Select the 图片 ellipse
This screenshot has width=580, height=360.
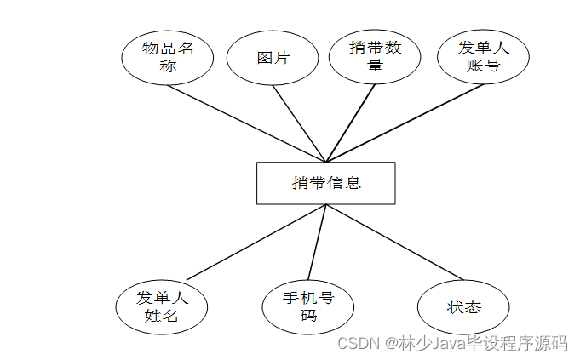[x=273, y=58]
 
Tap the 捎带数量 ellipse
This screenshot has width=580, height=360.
[x=375, y=57]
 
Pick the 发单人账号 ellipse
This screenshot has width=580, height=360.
[x=483, y=57]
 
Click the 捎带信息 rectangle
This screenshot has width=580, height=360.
[x=325, y=183]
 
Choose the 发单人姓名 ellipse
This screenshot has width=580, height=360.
[x=162, y=306]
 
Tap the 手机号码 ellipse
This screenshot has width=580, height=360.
[x=308, y=306]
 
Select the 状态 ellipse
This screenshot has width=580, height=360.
[x=464, y=307]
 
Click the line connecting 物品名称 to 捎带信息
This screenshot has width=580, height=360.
[x=247, y=123]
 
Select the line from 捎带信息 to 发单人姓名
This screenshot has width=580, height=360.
[x=256, y=243]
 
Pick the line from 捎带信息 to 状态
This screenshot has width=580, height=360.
[x=393, y=242]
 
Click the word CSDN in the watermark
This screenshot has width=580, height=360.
[x=358, y=343]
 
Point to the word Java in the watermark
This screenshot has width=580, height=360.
[x=437, y=343]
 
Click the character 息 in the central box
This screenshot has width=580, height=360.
[x=353, y=183]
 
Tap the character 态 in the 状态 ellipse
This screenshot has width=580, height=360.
[x=473, y=307]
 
